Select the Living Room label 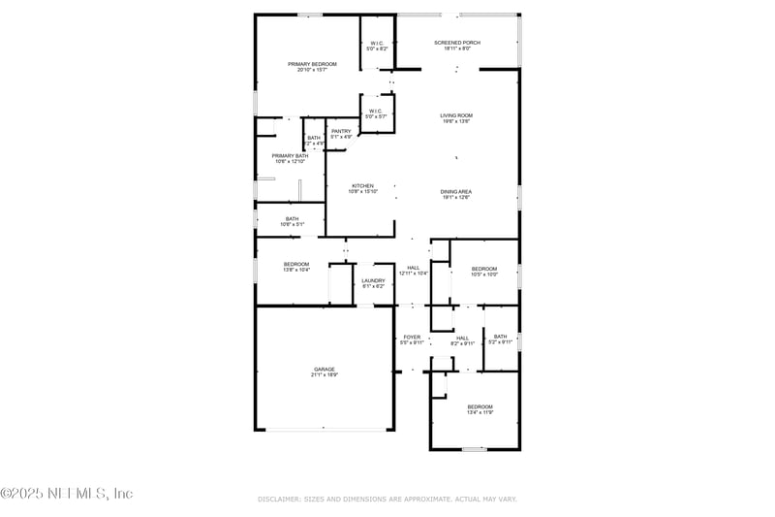(x=456, y=115)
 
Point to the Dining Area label (x=456, y=192)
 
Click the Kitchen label (x=362, y=186)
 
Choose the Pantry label (x=341, y=131)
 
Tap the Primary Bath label (x=290, y=156)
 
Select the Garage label (x=324, y=370)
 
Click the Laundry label (x=373, y=281)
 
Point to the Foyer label (x=412, y=338)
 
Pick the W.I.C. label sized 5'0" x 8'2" (x=377, y=43)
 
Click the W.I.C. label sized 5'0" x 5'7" (x=377, y=111)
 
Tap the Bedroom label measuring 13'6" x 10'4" (x=296, y=265)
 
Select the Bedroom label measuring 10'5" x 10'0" (x=483, y=269)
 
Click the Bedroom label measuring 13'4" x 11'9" (x=480, y=406)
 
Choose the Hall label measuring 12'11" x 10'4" (x=414, y=268)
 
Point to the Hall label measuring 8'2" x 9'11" (x=462, y=338)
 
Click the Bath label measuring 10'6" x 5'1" (x=292, y=219)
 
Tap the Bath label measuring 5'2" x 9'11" (x=499, y=338)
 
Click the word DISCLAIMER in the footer (x=282, y=499)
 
